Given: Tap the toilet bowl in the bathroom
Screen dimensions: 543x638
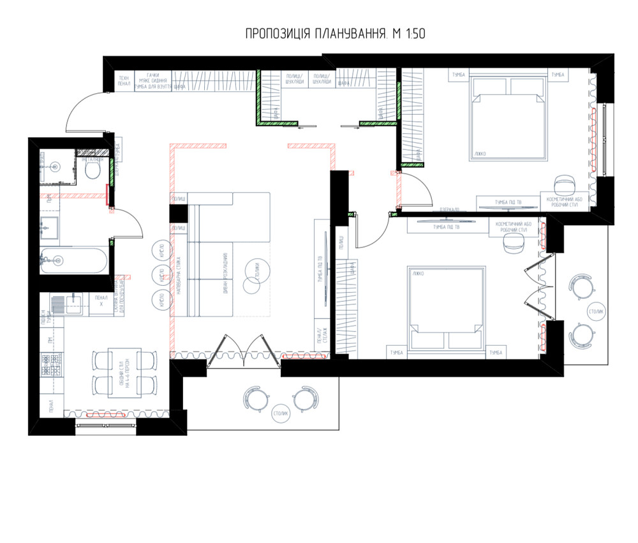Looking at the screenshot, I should tap(93, 170).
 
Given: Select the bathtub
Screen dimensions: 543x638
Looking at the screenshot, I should tap(74, 260).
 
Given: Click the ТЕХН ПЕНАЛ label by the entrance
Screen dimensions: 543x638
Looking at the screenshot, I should tap(124, 80).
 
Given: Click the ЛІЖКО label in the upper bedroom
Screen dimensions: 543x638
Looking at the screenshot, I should tap(480, 153).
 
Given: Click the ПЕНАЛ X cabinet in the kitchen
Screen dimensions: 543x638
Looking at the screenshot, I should tap(101, 301).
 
